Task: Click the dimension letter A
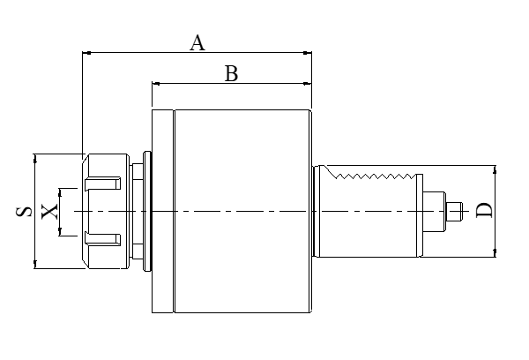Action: tap(197, 41)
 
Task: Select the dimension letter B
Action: tap(231, 74)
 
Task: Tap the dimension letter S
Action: tap(24, 211)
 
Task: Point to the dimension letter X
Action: tap(49, 211)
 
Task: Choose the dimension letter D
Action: tap(484, 211)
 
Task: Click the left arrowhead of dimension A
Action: tap(86, 52)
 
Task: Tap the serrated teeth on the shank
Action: tap(370, 176)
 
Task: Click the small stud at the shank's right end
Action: tap(455, 212)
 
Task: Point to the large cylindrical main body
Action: tap(242, 212)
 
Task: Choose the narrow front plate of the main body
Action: tap(162, 212)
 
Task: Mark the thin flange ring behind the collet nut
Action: tap(145, 212)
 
